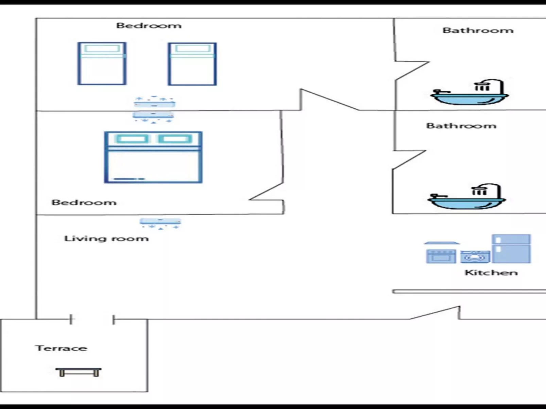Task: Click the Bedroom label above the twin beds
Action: pyautogui.click(x=149, y=26)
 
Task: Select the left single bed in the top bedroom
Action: pyautogui.click(x=102, y=63)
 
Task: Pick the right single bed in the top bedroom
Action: pyautogui.click(x=192, y=64)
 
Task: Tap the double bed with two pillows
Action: pyautogui.click(x=153, y=157)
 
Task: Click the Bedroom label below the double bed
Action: pyautogui.click(x=84, y=203)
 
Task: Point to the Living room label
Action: pyautogui.click(x=106, y=239)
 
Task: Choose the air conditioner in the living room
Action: pyautogui.click(x=160, y=223)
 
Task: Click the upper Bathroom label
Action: pyautogui.click(x=478, y=31)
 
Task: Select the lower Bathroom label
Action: pyautogui.click(x=461, y=126)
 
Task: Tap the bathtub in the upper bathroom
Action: pyautogui.click(x=470, y=93)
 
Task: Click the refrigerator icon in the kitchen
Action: pyautogui.click(x=511, y=248)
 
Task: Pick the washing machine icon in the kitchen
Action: pyautogui.click(x=475, y=257)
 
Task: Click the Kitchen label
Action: pyautogui.click(x=491, y=273)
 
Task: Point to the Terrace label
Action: pyautogui.click(x=61, y=348)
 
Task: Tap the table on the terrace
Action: pyautogui.click(x=79, y=372)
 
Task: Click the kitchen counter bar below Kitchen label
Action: pyautogui.click(x=469, y=292)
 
